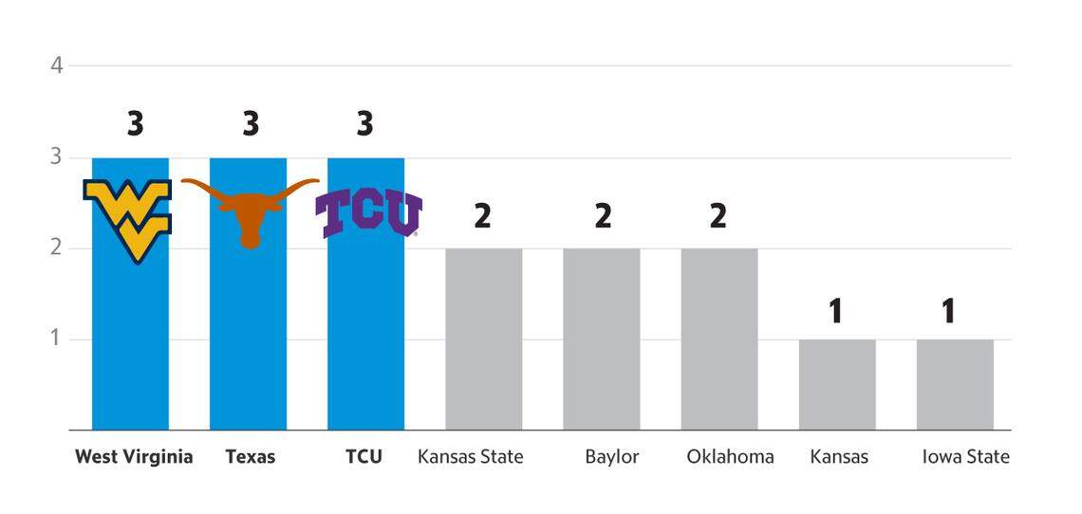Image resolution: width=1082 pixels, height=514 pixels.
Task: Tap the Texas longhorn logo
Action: point(250,211)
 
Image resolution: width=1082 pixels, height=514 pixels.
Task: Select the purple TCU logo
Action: point(367,213)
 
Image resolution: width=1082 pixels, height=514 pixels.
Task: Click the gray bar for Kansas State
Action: point(483,339)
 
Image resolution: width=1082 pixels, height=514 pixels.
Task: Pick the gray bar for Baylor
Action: point(601,339)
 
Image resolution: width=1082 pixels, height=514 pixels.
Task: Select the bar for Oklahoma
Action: point(719,339)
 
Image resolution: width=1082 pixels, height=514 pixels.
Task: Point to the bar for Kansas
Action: point(837,384)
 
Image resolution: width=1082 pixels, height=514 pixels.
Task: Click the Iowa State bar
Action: point(955,384)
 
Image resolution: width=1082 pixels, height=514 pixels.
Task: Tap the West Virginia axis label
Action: point(134,457)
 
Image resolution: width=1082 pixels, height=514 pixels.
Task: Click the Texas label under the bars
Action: point(251,457)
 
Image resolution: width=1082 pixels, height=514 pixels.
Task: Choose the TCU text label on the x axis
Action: point(364,457)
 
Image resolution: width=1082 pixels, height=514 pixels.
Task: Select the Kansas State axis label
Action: point(471,457)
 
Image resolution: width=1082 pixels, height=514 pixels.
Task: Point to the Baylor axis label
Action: point(612,457)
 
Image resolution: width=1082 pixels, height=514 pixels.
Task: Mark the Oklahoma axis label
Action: point(730,457)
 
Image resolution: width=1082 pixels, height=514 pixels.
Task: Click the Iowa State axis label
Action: point(965,457)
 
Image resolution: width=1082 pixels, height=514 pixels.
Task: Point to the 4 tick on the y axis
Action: point(57,65)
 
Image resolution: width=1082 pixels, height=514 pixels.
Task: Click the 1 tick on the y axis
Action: point(57,339)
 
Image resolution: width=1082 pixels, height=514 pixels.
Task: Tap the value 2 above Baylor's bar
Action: point(603,216)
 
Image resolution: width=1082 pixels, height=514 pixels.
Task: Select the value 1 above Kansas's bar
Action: point(835,311)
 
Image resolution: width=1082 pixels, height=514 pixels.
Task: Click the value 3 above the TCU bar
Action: point(364,124)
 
